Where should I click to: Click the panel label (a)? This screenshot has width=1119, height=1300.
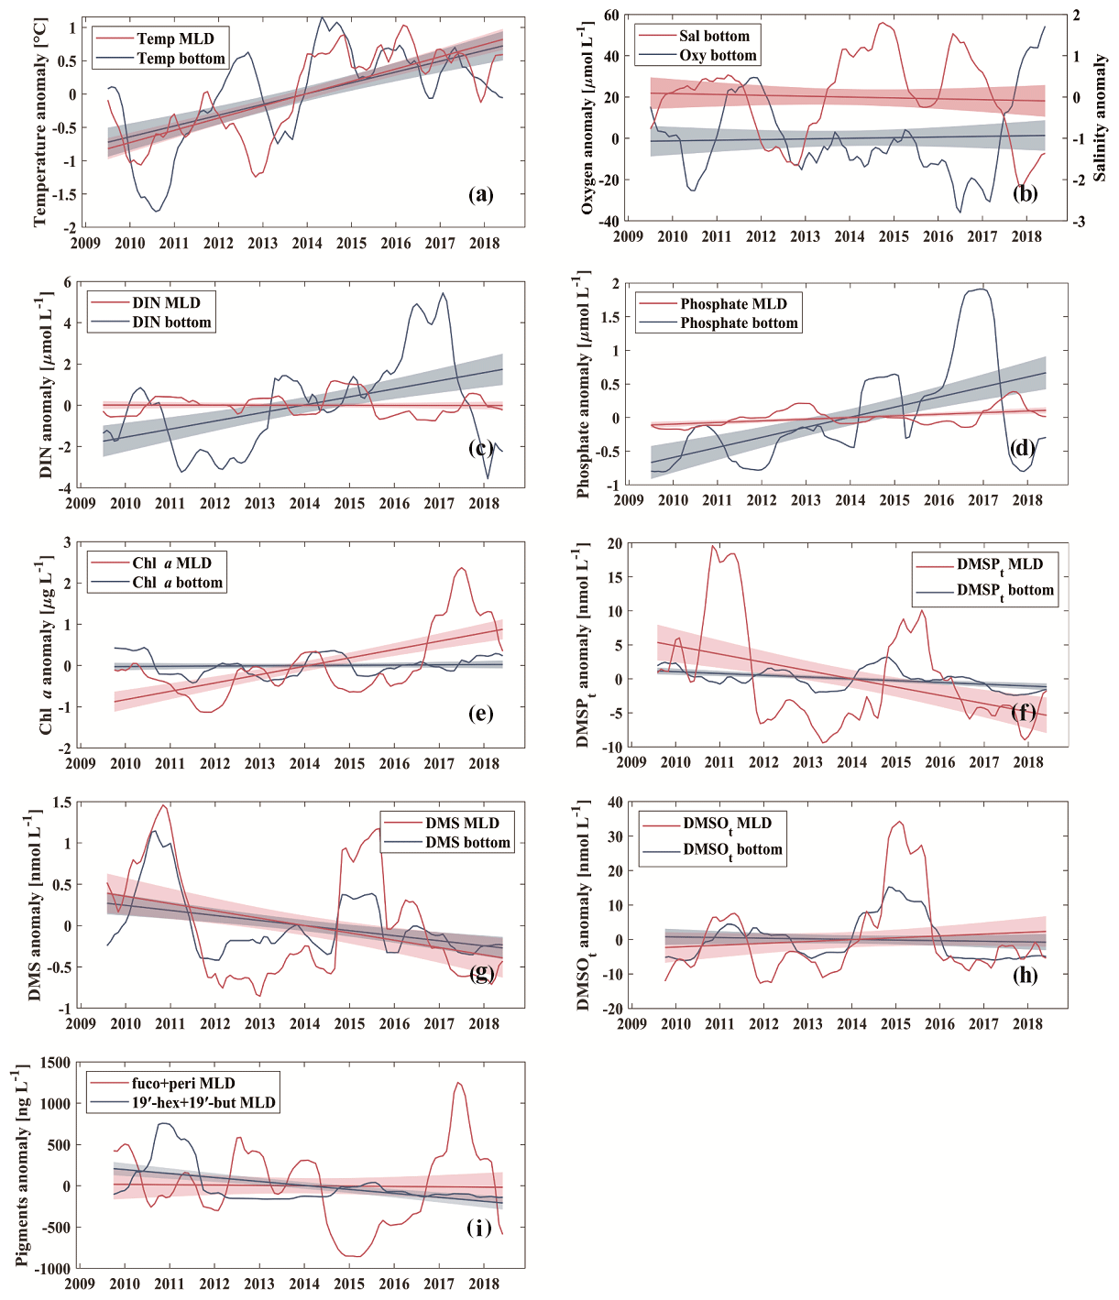pyautogui.click(x=480, y=194)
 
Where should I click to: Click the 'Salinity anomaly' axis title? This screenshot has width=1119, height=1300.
pyautogui.click(x=1100, y=117)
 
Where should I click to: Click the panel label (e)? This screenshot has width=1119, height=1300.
pyautogui.click(x=480, y=714)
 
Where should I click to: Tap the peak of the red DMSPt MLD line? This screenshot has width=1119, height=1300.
pyautogui.click(x=713, y=546)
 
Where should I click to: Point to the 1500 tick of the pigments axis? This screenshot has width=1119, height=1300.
pyautogui.click(x=55, y=1063)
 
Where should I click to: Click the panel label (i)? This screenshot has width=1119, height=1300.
pyautogui.click(x=479, y=1228)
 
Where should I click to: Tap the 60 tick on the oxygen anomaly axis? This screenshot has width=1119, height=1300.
pyautogui.click(x=611, y=16)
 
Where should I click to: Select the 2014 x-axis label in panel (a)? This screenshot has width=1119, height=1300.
pyautogui.click(x=307, y=243)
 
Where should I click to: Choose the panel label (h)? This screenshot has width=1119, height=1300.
pyautogui.click(x=1025, y=975)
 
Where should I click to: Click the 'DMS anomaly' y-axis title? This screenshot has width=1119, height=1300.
pyautogui.click(x=35, y=904)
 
